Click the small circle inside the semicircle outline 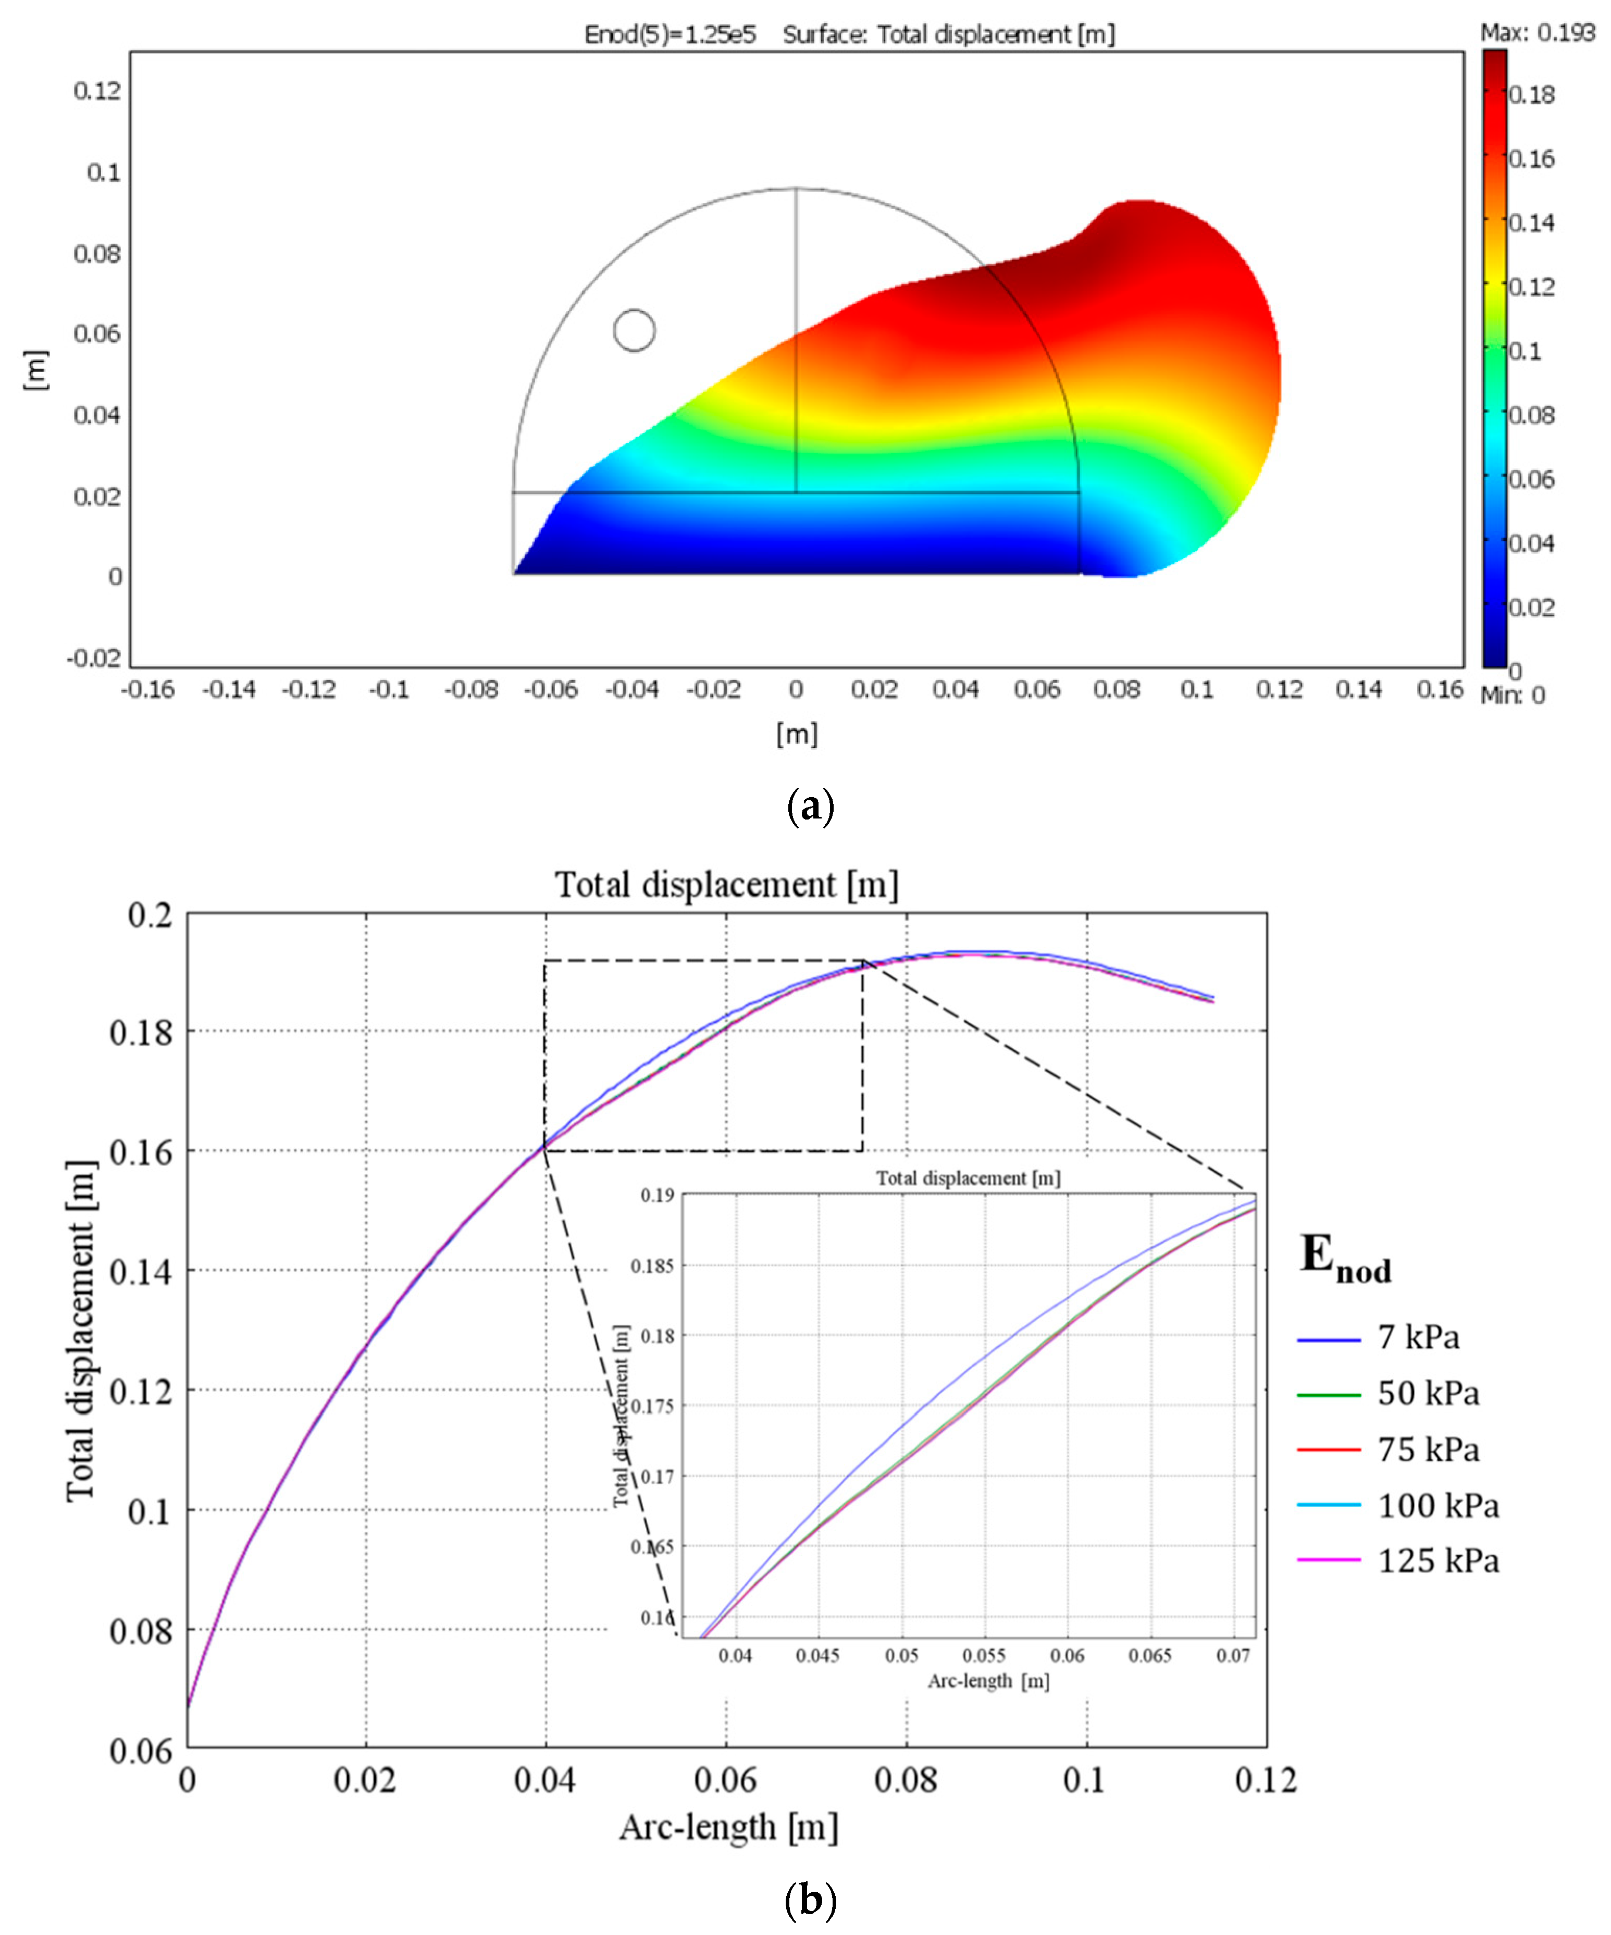(634, 330)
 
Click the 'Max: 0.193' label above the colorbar (1537, 33)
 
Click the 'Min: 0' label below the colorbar (1513, 695)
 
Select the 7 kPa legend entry (1418, 1337)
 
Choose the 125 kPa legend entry (1437, 1561)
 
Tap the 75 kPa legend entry (1428, 1449)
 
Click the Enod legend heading (1345, 1256)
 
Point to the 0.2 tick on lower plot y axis (150, 915)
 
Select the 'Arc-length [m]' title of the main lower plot (728, 1826)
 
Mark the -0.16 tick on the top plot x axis (147, 689)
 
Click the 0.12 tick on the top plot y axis (97, 90)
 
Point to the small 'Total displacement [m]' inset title (968, 1179)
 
